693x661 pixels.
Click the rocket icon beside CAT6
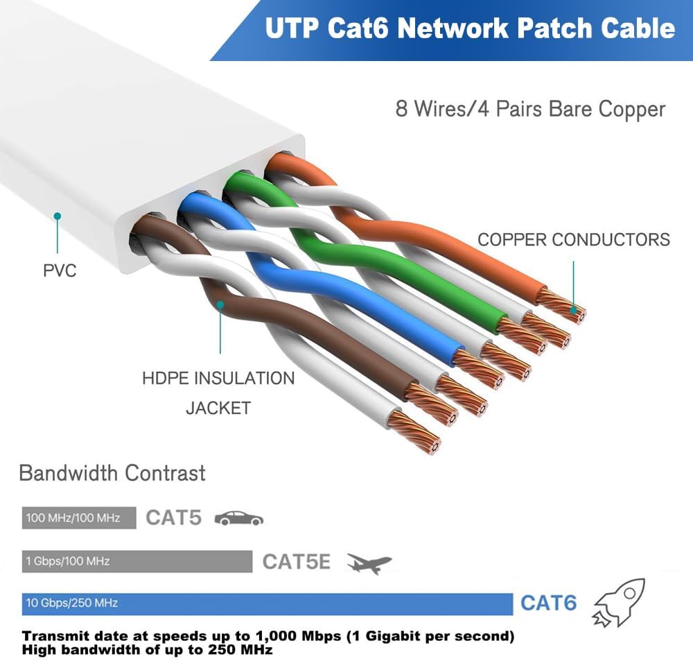[619, 603]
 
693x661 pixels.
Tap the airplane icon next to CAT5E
[369, 563]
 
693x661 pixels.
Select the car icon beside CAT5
[239, 518]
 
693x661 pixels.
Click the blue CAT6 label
[548, 603]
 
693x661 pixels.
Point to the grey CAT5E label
[296, 562]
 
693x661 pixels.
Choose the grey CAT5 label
[174, 517]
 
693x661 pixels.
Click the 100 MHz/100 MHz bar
[79, 517]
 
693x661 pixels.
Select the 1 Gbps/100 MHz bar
[137, 561]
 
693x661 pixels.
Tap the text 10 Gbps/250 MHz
[71, 603]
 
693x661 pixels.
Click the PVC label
[60, 271]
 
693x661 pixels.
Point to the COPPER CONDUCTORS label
[574, 240]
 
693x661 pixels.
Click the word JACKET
[218, 408]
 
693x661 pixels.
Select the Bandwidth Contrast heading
[112, 473]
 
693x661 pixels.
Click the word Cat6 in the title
[358, 28]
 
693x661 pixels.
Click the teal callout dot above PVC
[57, 216]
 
